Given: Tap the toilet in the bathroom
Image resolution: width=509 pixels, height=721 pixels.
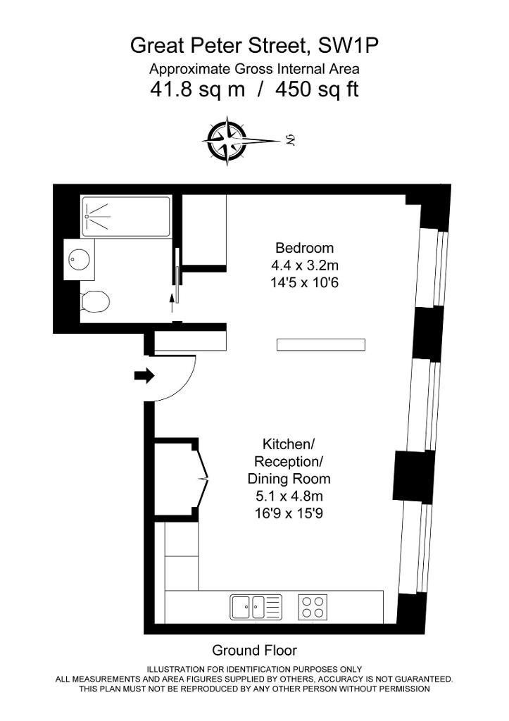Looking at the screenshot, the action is click(95, 301).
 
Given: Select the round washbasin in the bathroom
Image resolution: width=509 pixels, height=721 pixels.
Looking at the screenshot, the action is click(79, 259).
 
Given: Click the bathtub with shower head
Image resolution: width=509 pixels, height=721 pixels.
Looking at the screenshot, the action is click(126, 217).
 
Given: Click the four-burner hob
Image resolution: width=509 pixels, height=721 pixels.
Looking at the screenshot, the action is click(313, 607).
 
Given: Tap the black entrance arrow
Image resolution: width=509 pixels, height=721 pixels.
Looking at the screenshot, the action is click(144, 376).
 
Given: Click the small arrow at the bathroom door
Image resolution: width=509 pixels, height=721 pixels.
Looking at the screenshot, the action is click(172, 304).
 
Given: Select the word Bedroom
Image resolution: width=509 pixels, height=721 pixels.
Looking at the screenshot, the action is click(304, 248).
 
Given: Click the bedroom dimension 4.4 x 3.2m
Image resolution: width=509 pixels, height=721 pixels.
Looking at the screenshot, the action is click(304, 265).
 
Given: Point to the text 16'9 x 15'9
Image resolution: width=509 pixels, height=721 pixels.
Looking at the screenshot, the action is click(289, 513).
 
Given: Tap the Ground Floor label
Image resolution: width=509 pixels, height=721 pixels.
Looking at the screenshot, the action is click(254, 650).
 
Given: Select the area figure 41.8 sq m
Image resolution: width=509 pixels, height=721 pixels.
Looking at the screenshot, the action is click(198, 89).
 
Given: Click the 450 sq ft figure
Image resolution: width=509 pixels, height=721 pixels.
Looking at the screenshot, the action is click(317, 89).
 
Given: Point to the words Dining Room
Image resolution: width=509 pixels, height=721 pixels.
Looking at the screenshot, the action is click(289, 479).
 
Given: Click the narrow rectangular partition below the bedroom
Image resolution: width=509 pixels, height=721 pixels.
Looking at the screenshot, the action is click(321, 344).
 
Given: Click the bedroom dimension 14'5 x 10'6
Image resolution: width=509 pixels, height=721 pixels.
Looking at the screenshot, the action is click(304, 282).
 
